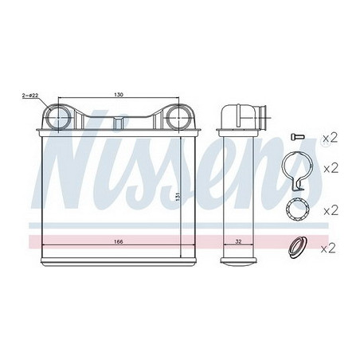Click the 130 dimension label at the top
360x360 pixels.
pos(119,95)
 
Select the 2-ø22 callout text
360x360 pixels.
pos(30,96)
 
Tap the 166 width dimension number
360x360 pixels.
pos(118,241)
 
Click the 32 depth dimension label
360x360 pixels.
pos(239,241)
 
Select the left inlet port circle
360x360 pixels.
pos(58,118)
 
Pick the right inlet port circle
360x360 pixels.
pos(178,118)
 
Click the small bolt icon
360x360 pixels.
pos(297,137)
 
